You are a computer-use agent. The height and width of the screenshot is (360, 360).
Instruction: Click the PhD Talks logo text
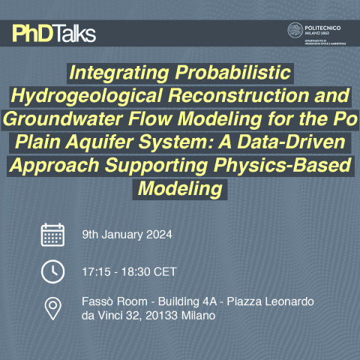pos(54,34)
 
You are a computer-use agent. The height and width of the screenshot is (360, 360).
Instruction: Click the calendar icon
pos(52,235)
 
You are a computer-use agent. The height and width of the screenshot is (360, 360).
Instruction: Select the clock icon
pos(52,271)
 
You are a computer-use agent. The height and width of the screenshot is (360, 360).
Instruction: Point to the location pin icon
pos(52,308)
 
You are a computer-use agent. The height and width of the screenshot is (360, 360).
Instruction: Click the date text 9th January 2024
pos(127,235)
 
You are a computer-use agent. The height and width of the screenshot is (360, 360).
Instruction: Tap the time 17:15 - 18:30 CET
pos(129,271)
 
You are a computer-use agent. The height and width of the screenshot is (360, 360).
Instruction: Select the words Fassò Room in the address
pos(110,301)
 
